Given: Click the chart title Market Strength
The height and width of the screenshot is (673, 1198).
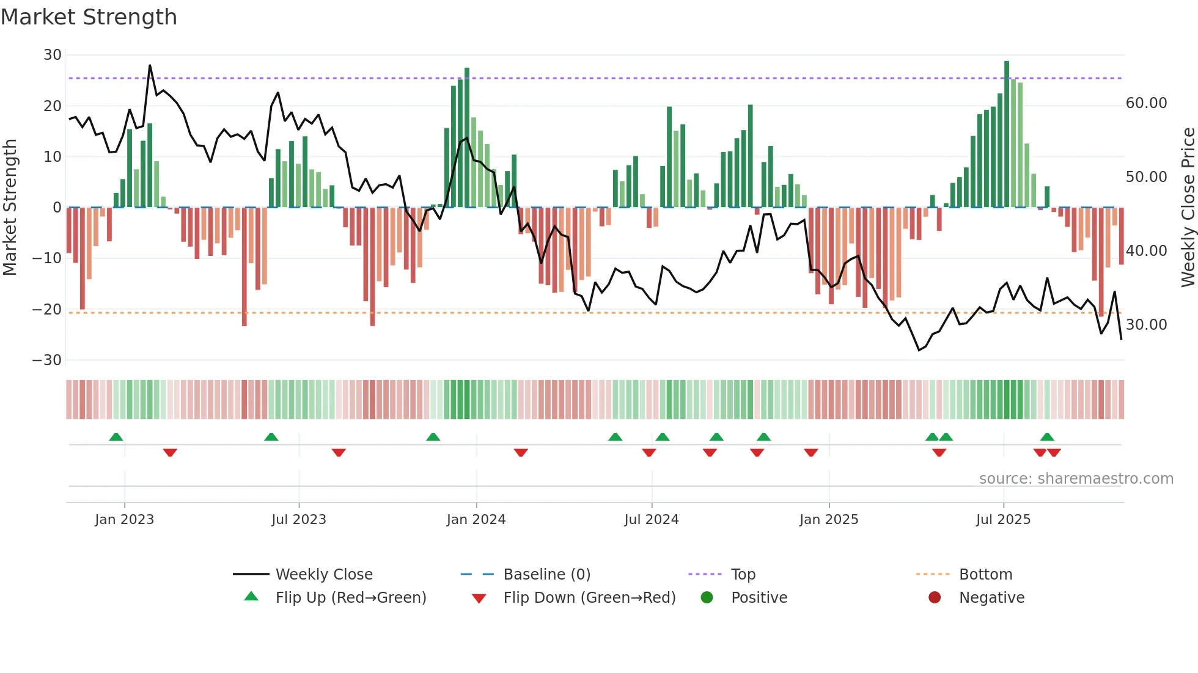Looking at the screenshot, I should click(x=89, y=17).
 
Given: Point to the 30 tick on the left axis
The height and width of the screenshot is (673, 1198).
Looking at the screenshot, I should click(x=53, y=55).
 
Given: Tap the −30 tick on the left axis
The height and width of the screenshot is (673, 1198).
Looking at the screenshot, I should click(x=47, y=360).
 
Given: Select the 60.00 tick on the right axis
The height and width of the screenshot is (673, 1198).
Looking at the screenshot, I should click(x=1146, y=103).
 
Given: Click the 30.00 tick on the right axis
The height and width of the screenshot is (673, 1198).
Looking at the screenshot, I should click(x=1146, y=325).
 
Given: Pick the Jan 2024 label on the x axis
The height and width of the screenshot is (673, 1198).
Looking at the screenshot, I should click(x=476, y=520).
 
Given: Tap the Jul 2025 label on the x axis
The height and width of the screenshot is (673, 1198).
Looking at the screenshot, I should click(x=1003, y=520).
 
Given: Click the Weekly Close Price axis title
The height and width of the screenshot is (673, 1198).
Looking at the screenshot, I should click(x=1188, y=208).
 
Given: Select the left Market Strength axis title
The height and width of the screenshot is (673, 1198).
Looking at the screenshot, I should click(x=10, y=208).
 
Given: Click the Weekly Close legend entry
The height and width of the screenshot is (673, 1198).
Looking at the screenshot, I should click(x=323, y=575).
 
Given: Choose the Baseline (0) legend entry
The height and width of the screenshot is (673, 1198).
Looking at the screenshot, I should click(x=546, y=575).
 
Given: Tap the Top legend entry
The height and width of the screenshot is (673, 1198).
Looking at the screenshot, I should click(x=743, y=575).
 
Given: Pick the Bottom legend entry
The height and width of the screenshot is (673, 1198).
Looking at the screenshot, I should click(x=985, y=575).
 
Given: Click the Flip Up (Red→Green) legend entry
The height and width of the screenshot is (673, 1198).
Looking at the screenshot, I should click(x=350, y=598).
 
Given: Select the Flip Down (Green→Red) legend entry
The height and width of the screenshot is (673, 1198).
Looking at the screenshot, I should click(x=589, y=598).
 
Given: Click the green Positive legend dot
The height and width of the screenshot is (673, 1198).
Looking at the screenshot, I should click(x=707, y=598).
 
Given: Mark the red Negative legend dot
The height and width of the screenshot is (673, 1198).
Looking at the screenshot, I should click(x=935, y=598).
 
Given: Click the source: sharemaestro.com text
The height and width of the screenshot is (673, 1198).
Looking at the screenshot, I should click(x=1076, y=479).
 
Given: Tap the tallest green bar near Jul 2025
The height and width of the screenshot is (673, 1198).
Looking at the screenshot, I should click(x=1007, y=134).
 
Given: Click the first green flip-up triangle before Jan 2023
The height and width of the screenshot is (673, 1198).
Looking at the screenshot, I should click(x=116, y=437).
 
